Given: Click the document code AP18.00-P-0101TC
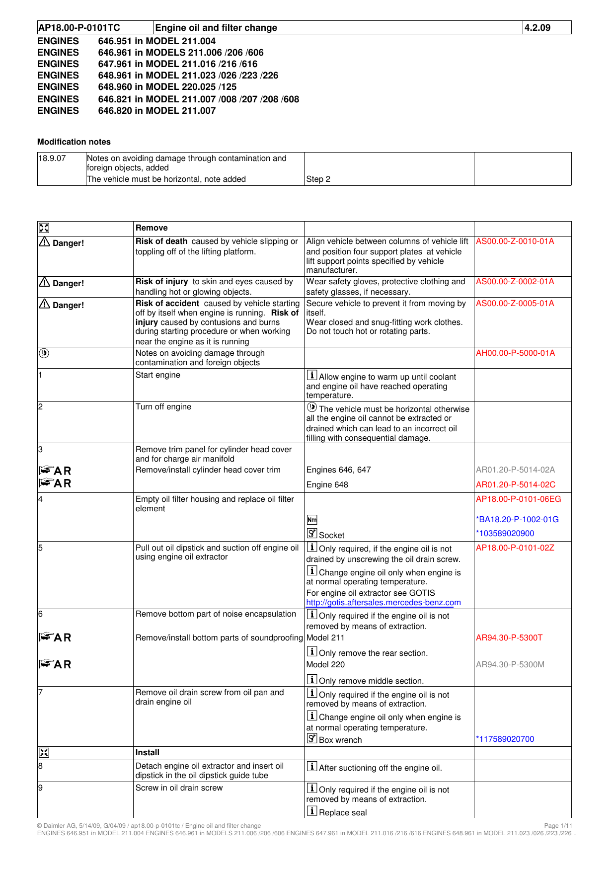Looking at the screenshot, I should click(x=79, y=28).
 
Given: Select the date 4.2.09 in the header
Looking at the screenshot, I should click(x=538, y=28).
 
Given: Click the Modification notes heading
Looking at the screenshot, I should click(x=74, y=142).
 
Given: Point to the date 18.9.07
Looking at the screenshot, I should click(x=52, y=159).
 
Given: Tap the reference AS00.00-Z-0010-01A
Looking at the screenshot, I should click(x=515, y=241).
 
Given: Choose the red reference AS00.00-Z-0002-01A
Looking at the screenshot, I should click(x=515, y=282).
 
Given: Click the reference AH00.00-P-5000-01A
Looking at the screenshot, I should click(x=515, y=353).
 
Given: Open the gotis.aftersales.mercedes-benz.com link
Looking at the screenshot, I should click(x=384, y=603).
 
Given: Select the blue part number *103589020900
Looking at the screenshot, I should click(x=505, y=534).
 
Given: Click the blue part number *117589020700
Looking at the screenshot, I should click(x=505, y=739).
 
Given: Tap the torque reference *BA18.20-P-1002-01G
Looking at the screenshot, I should click(x=517, y=520).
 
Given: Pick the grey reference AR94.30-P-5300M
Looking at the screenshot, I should click(x=510, y=665).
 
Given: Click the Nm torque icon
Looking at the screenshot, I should click(x=311, y=520).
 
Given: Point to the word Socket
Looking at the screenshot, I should click(x=331, y=536).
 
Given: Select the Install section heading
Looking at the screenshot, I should click(x=147, y=753).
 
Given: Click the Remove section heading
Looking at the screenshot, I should click(x=152, y=228).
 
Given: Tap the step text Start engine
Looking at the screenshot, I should click(x=157, y=375).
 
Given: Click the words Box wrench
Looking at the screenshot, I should click(x=340, y=740).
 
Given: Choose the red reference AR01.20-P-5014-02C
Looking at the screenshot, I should click(x=516, y=485).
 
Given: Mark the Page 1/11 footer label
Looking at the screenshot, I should click(x=558, y=826).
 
